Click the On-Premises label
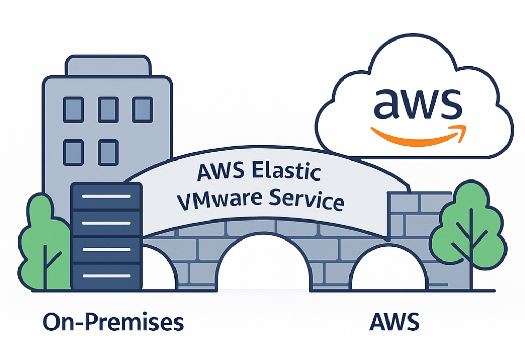pos(113,323)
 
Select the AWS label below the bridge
pos(394,323)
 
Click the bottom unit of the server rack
pos(106,276)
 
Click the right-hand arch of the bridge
pos(388,272)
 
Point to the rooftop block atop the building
pos(108,67)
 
